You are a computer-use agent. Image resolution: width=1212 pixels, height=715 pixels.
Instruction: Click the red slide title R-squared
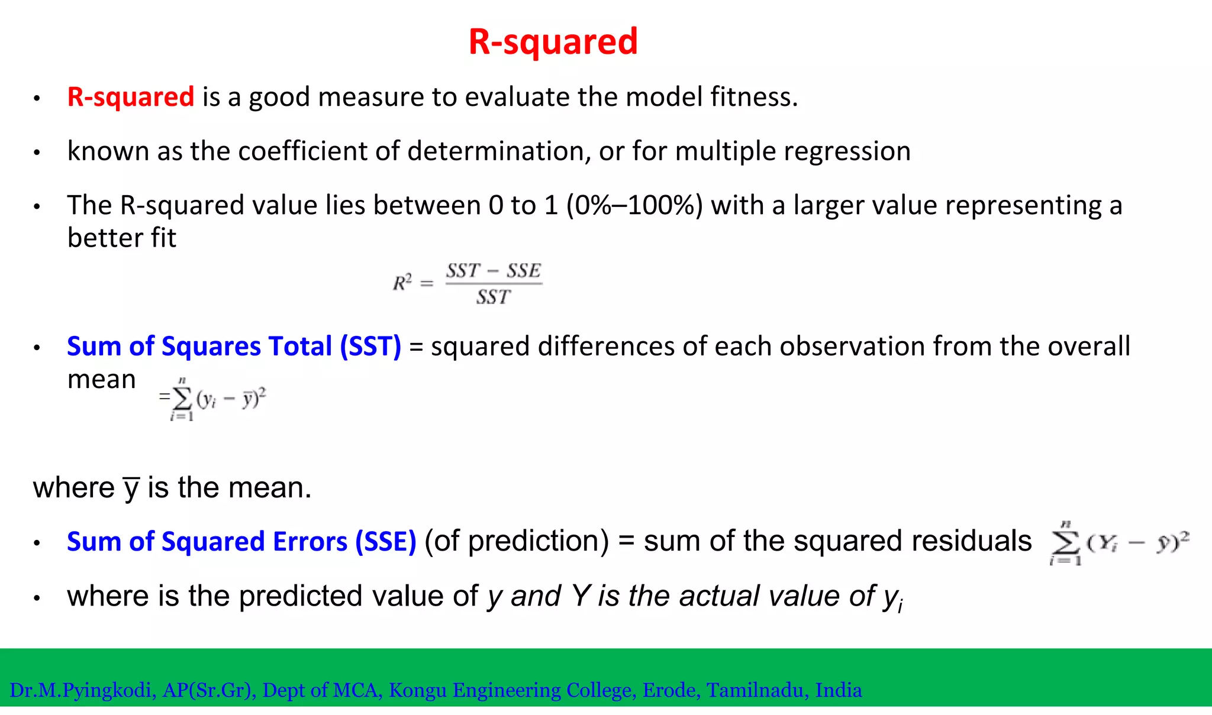(x=553, y=41)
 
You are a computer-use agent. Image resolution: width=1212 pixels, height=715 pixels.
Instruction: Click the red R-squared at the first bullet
(x=131, y=97)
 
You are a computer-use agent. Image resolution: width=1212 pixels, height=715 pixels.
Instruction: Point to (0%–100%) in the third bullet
(x=634, y=205)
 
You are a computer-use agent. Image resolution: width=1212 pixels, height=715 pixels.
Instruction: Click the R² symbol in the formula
(x=402, y=283)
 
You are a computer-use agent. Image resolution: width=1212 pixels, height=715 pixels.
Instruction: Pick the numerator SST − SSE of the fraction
(x=494, y=271)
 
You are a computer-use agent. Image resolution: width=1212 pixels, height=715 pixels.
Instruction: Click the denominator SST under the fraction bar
(x=493, y=297)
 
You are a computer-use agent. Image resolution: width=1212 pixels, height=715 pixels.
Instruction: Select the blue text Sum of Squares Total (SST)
(x=234, y=347)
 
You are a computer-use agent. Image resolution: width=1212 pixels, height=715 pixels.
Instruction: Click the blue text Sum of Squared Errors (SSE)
(x=241, y=542)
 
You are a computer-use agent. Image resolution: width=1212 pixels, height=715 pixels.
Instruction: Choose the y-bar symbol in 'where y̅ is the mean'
(x=131, y=488)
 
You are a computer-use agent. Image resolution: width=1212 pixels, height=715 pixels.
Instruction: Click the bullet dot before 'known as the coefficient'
(x=37, y=153)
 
